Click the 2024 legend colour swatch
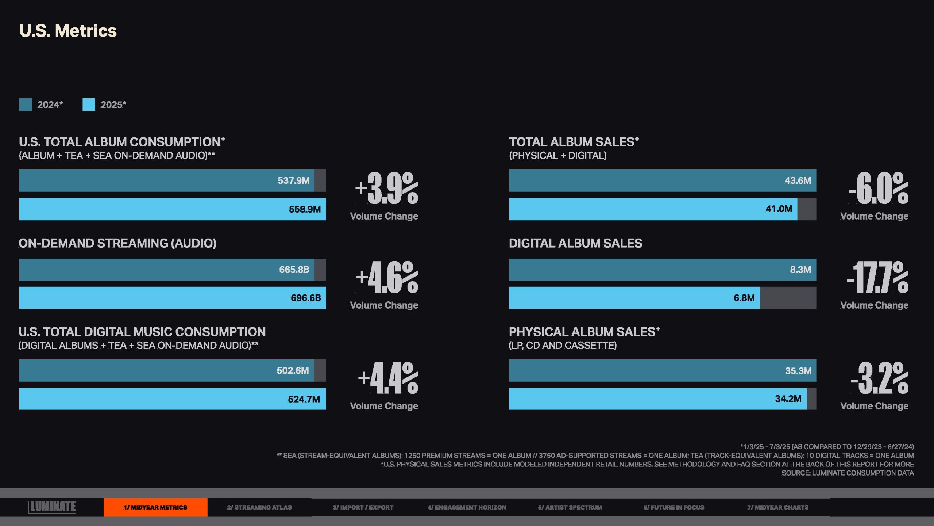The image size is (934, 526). point(26,104)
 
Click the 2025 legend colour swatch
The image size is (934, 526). point(89,104)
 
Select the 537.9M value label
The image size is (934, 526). point(293,180)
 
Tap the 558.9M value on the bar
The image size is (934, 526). point(305,209)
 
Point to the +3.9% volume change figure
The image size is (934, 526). point(387,188)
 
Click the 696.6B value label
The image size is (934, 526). point(306,298)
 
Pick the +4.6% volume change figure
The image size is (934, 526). point(387,277)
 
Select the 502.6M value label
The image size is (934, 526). point(293,370)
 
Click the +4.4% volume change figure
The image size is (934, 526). point(388,378)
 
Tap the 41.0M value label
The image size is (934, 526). point(779,209)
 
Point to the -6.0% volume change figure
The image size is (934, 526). point(879,188)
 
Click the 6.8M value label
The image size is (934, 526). point(744,298)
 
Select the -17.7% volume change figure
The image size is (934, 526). point(877,277)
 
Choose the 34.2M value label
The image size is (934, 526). point(788,399)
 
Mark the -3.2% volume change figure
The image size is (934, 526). point(879,378)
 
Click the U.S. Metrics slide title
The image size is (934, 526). point(68,31)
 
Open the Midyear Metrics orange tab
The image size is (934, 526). point(155,507)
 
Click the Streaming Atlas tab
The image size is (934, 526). point(259,507)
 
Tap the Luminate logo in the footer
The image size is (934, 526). point(52,507)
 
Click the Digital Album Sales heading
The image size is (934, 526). point(575,243)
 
